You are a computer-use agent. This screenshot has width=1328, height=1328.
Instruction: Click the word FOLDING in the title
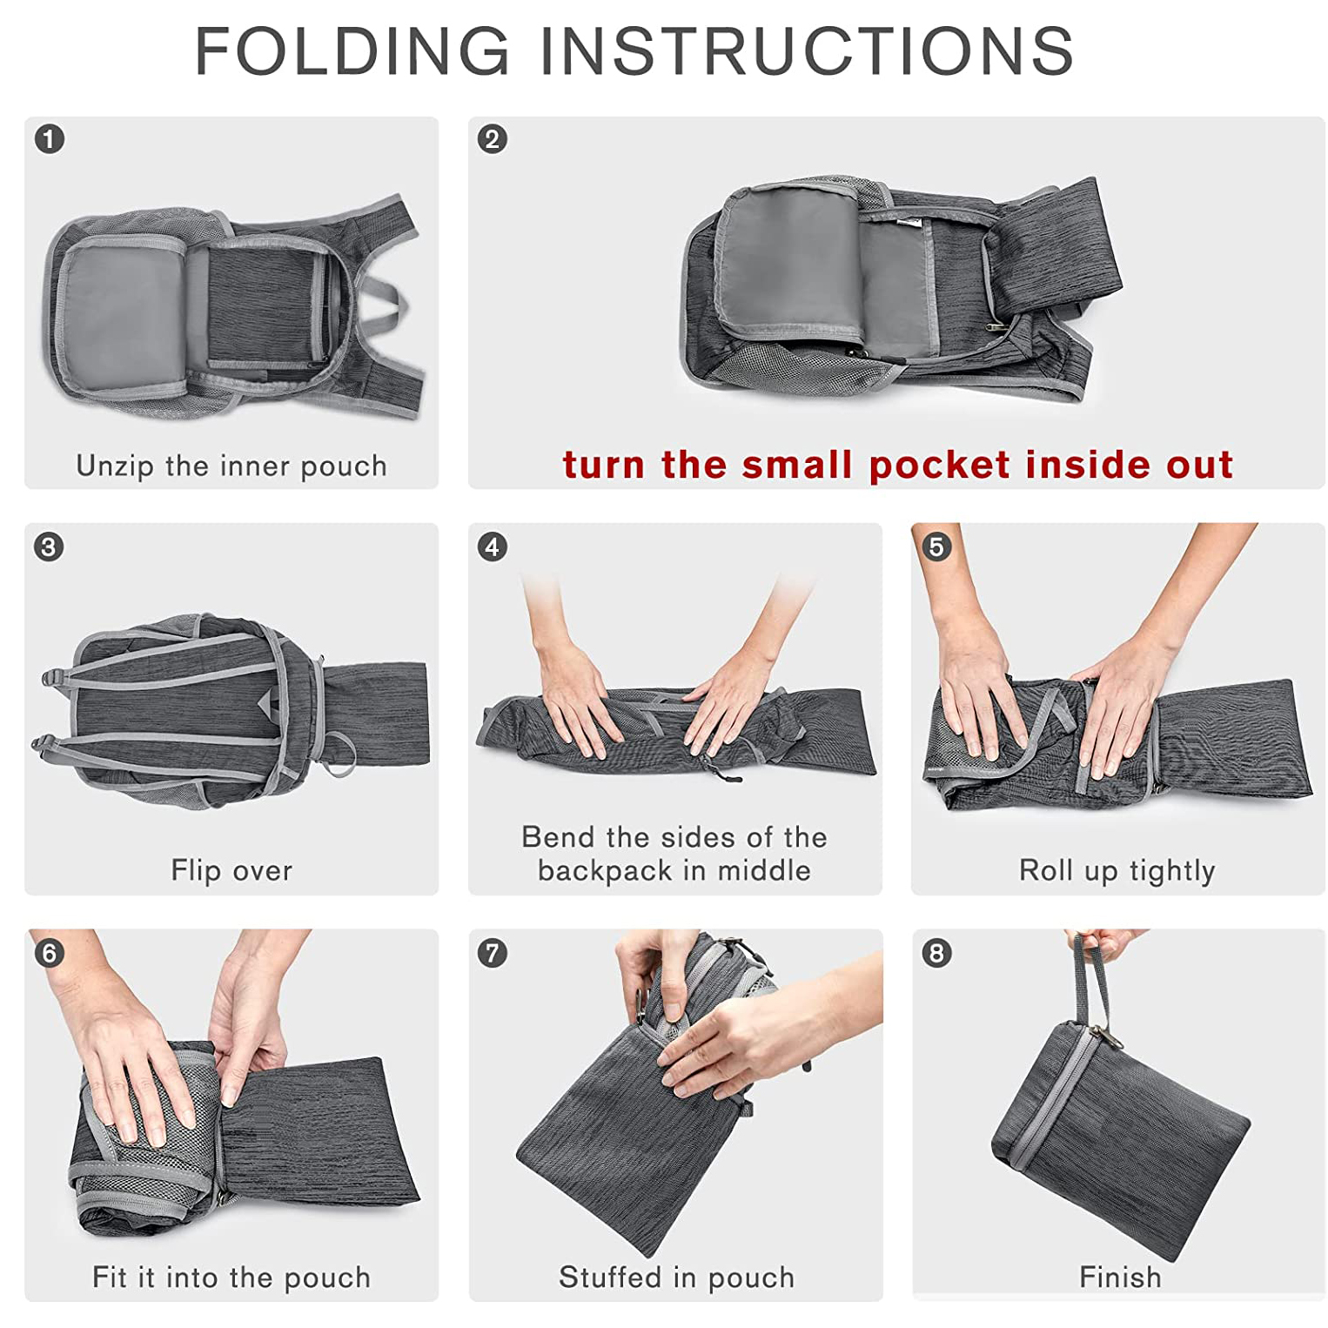(352, 50)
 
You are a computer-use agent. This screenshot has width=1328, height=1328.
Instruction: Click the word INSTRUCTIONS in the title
(807, 50)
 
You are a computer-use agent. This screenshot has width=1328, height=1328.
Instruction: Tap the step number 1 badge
(50, 139)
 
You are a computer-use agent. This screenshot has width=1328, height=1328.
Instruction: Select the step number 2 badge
(493, 139)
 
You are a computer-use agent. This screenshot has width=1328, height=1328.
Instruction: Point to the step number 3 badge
(50, 547)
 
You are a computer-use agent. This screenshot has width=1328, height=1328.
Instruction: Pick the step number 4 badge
(493, 547)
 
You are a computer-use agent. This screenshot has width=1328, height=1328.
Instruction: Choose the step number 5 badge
(936, 547)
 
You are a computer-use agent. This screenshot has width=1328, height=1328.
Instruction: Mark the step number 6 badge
(50, 953)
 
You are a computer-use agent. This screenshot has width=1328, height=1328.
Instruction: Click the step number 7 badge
(493, 953)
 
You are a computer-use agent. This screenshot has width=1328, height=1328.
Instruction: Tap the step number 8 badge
(936, 953)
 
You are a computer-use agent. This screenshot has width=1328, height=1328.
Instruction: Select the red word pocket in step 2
(940, 466)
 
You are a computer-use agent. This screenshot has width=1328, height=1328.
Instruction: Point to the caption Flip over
(231, 870)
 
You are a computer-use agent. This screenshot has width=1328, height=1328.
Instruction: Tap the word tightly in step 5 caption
(1172, 871)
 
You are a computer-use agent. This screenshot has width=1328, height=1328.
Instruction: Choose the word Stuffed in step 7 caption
(611, 1277)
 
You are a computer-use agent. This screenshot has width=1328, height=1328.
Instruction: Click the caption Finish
(1120, 1277)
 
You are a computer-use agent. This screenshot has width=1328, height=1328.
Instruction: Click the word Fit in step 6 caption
(111, 1277)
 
